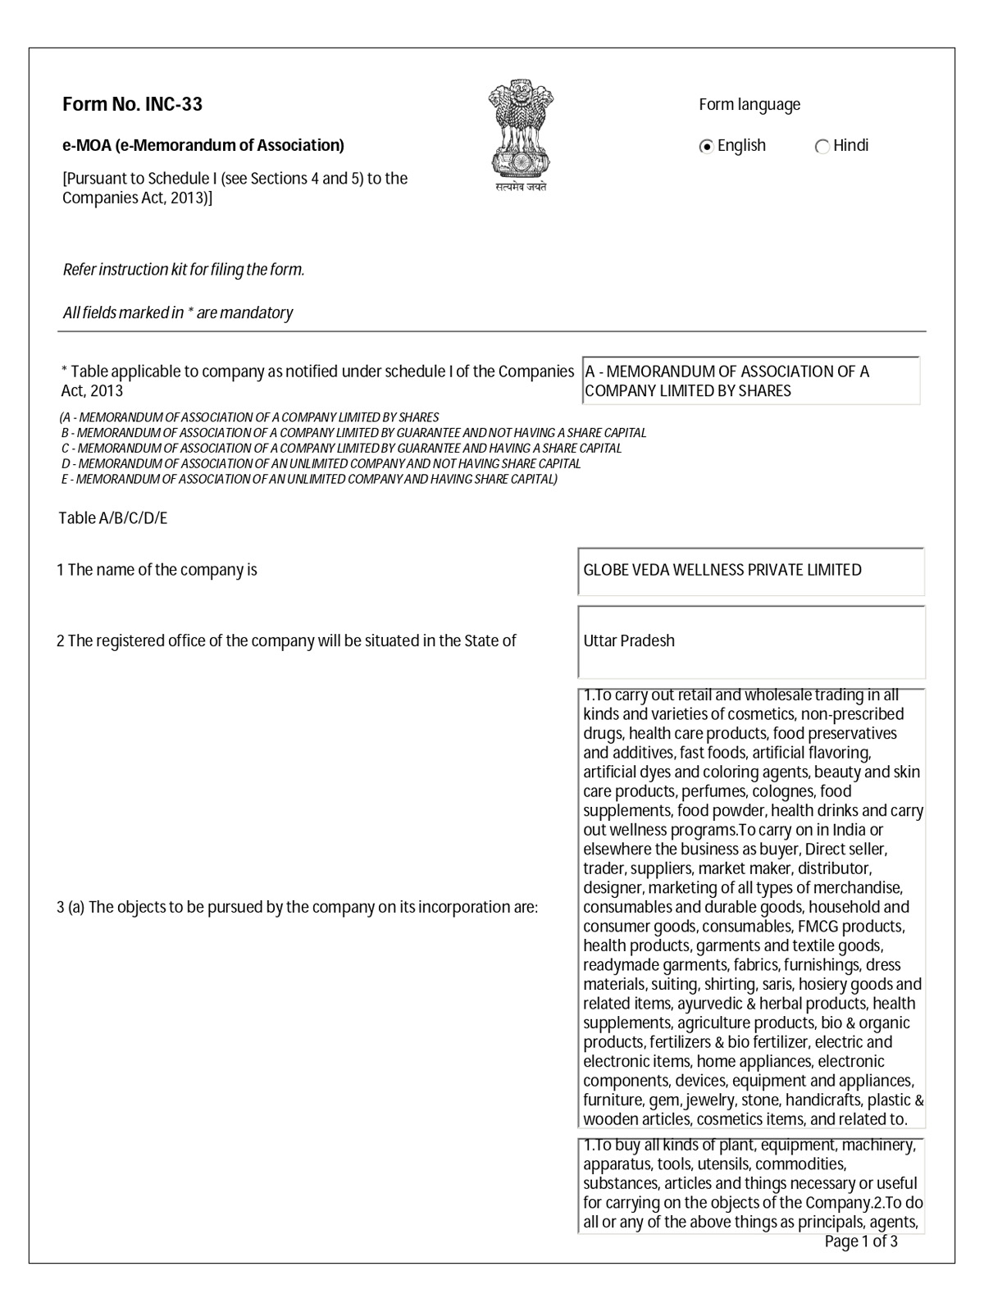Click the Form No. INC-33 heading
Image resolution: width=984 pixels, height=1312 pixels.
pyautogui.click(x=132, y=104)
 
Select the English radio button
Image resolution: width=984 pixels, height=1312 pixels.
pyautogui.click(x=706, y=147)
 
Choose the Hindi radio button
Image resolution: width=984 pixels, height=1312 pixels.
pyautogui.click(x=822, y=147)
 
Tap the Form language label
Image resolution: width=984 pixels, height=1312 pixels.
pyautogui.click(x=749, y=104)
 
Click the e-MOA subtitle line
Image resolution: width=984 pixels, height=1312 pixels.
pyautogui.click(x=203, y=145)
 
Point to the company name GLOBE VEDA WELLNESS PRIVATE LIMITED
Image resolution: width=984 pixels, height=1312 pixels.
pyautogui.click(x=722, y=570)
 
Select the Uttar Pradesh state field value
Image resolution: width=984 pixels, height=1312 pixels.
pyautogui.click(x=629, y=640)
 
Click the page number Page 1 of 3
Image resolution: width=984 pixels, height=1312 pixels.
pyautogui.click(x=860, y=1241)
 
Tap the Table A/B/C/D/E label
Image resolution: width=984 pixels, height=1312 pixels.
pyautogui.click(x=113, y=518)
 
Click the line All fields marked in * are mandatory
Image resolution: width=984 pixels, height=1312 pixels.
pyautogui.click(x=178, y=312)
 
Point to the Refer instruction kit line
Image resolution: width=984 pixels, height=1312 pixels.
pyautogui.click(x=184, y=270)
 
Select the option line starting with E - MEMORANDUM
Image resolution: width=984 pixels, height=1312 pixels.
pyautogui.click(x=309, y=479)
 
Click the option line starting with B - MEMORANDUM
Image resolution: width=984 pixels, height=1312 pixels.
pyautogui.click(x=353, y=432)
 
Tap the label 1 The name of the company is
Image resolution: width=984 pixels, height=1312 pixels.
pyautogui.click(x=157, y=570)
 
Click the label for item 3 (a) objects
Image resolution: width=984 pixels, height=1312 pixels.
pyautogui.click(x=297, y=907)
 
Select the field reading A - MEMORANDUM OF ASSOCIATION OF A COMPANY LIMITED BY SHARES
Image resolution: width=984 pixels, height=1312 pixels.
pyautogui.click(x=750, y=381)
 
